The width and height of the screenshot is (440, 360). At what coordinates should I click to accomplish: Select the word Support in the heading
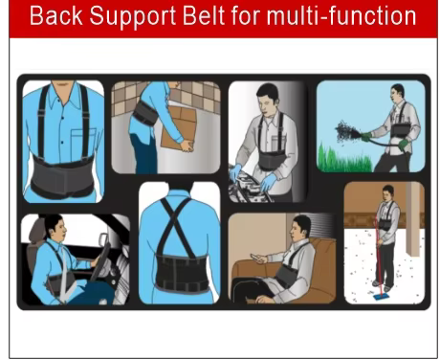[x=130, y=18]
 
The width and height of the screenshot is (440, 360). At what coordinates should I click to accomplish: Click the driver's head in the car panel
[x=50, y=231]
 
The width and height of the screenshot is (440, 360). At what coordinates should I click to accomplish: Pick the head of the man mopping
[x=388, y=192]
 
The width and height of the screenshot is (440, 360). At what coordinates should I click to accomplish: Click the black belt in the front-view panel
[x=63, y=176]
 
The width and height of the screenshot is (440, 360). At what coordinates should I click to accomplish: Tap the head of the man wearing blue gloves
[x=269, y=98]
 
